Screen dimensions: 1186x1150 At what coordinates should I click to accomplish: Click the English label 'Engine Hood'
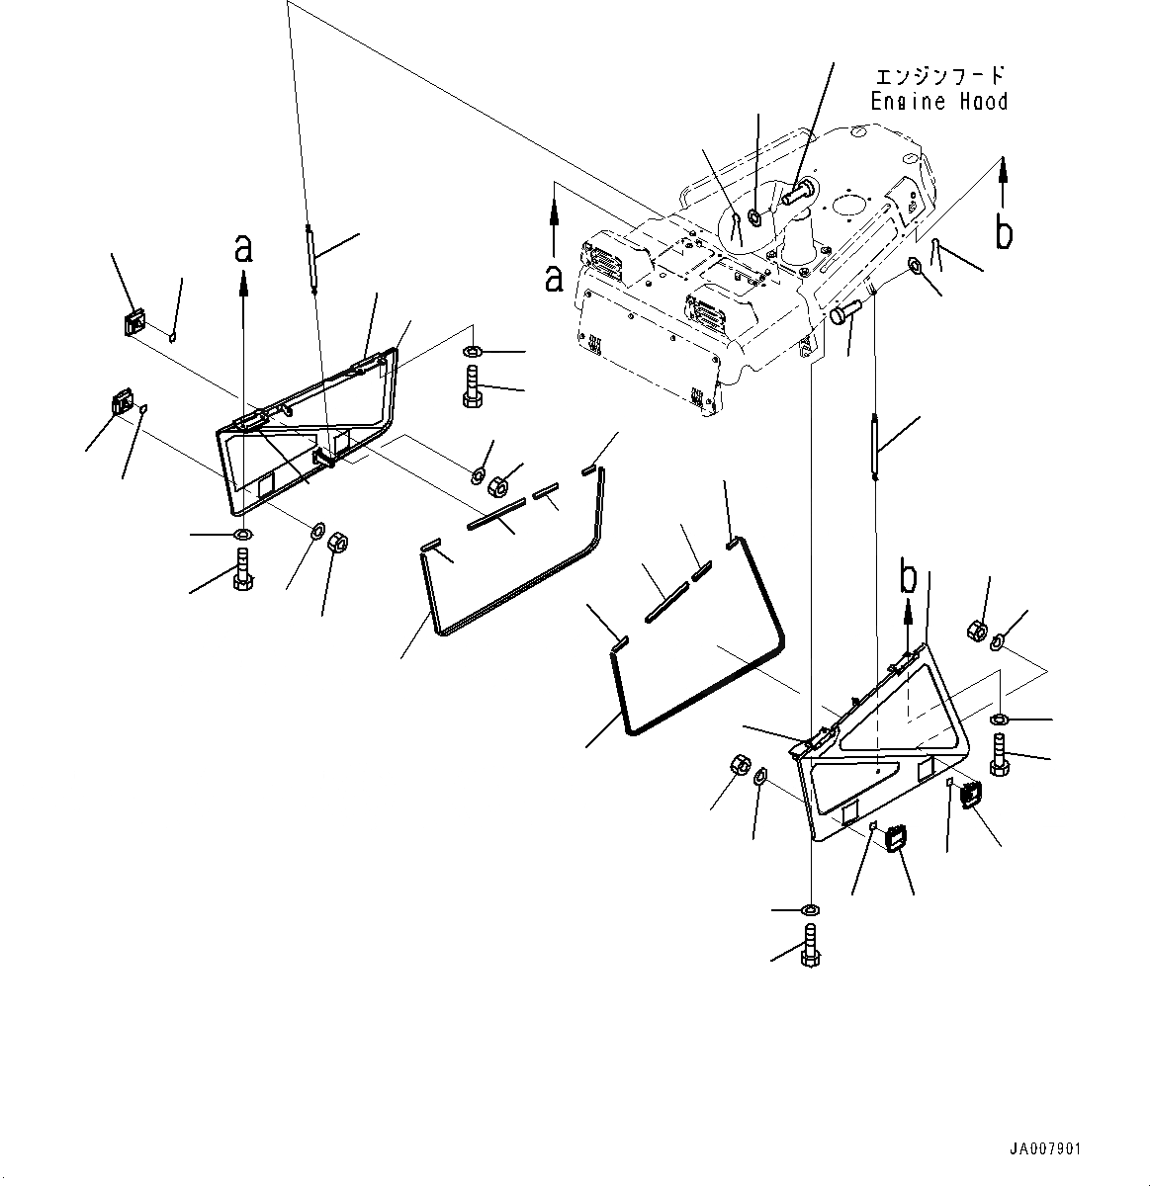coord(938,102)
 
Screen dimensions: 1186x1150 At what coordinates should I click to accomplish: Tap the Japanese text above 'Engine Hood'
coord(939,76)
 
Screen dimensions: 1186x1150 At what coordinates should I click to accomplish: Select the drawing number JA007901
coord(1044,1149)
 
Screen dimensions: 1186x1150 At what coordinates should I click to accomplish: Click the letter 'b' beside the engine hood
coord(1004,234)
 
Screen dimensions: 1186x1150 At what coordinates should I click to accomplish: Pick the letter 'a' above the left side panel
coord(243,249)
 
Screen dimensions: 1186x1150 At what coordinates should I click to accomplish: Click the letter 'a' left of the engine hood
coord(554,279)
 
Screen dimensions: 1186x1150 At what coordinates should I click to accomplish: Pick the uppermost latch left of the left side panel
coord(133,321)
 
